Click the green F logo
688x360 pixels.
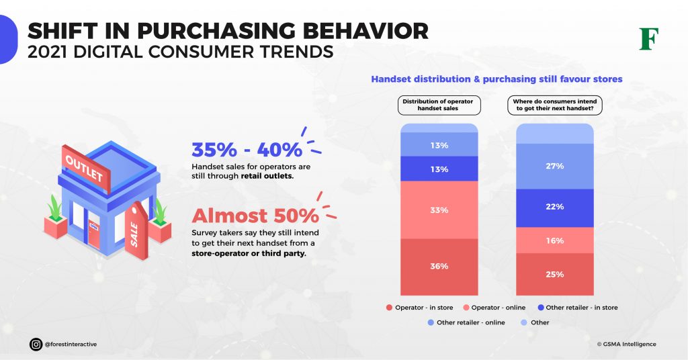(648, 39)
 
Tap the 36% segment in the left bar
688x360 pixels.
(439, 267)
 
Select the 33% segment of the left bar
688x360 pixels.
(439, 210)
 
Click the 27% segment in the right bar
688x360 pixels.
(555, 166)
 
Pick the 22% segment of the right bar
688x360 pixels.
(555, 208)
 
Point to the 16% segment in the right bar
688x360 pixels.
(555, 240)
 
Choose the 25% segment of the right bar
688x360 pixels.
(555, 274)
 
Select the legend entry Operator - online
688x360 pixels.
(494, 308)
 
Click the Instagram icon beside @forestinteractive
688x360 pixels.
(36, 344)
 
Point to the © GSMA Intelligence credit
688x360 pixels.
(626, 344)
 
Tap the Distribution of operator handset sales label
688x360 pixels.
(438, 105)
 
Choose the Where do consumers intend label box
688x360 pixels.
(554, 105)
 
